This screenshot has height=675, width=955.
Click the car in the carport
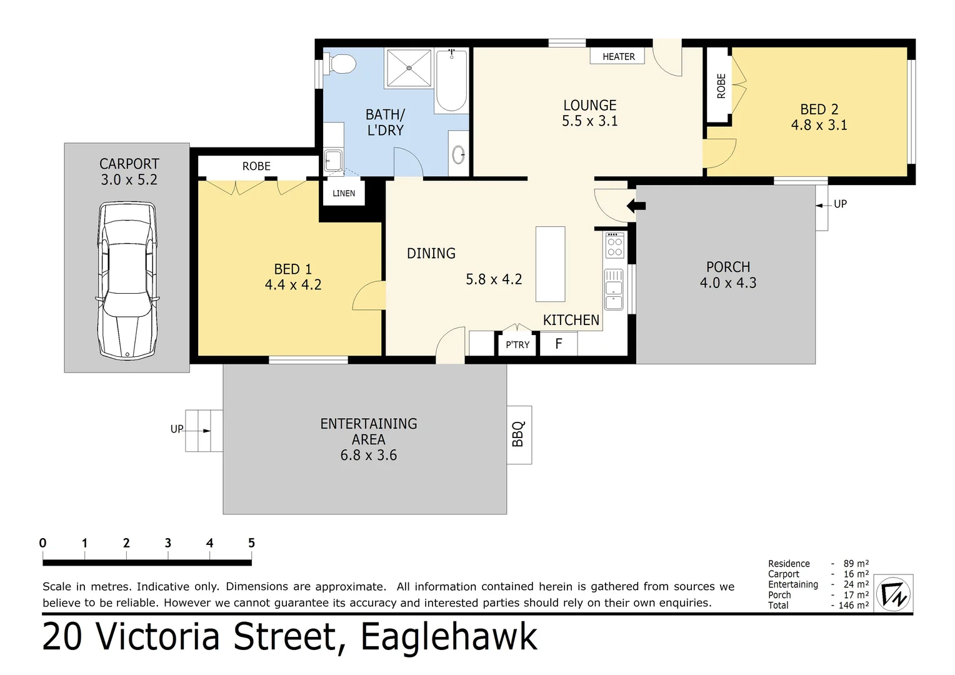(x=127, y=281)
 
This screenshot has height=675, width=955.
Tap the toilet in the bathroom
(x=339, y=64)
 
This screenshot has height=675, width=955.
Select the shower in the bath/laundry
(x=409, y=68)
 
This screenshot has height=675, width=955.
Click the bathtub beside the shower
(x=451, y=81)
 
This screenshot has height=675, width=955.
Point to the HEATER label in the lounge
(x=618, y=57)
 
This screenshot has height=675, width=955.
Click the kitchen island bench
(x=551, y=264)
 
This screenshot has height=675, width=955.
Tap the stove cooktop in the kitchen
(x=614, y=246)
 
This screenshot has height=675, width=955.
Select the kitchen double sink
(x=614, y=289)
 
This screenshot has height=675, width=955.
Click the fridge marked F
(x=559, y=343)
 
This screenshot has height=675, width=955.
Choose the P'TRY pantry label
(x=517, y=344)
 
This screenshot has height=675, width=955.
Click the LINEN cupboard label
(x=344, y=193)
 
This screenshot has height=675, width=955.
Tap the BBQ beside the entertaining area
(x=519, y=434)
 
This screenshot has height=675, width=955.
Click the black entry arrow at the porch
(x=636, y=206)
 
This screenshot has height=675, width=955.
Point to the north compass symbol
(x=893, y=594)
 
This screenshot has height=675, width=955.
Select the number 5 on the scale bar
(x=251, y=543)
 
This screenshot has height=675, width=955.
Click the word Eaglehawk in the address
(x=449, y=637)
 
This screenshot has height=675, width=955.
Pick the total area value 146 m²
(x=854, y=605)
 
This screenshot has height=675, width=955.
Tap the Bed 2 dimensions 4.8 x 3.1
(x=819, y=125)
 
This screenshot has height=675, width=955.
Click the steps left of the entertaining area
(x=204, y=431)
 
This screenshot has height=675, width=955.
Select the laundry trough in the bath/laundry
(x=333, y=161)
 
